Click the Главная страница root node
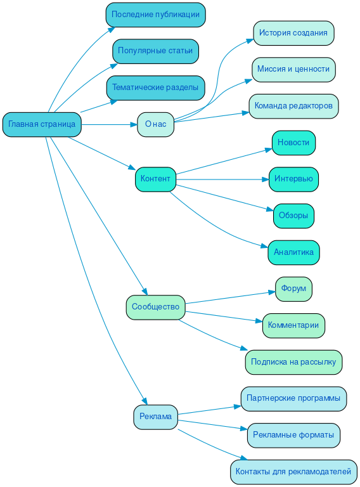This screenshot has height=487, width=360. click(x=42, y=124)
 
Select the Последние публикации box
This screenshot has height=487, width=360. click(x=155, y=14)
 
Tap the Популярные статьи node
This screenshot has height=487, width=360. click(x=155, y=51)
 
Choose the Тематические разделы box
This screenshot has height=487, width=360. click(x=155, y=87)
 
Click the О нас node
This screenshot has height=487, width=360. click(x=155, y=124)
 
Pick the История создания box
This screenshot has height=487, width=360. click(x=293, y=32)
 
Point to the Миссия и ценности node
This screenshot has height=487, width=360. click(x=293, y=69)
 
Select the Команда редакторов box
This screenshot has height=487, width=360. click(x=293, y=106)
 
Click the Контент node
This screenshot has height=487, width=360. click(x=155, y=179)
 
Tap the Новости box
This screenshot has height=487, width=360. click(x=293, y=143)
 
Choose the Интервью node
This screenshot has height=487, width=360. click(x=293, y=179)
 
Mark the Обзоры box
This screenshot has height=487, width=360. click(x=293, y=216)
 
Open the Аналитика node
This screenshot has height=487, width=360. click(x=293, y=252)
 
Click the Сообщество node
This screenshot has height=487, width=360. click(x=155, y=307)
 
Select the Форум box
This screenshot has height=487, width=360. click(x=293, y=289)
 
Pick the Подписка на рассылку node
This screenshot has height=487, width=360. click(x=293, y=362)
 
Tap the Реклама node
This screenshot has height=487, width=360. click(x=155, y=417)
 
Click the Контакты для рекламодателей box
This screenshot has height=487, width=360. click(x=293, y=472)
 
